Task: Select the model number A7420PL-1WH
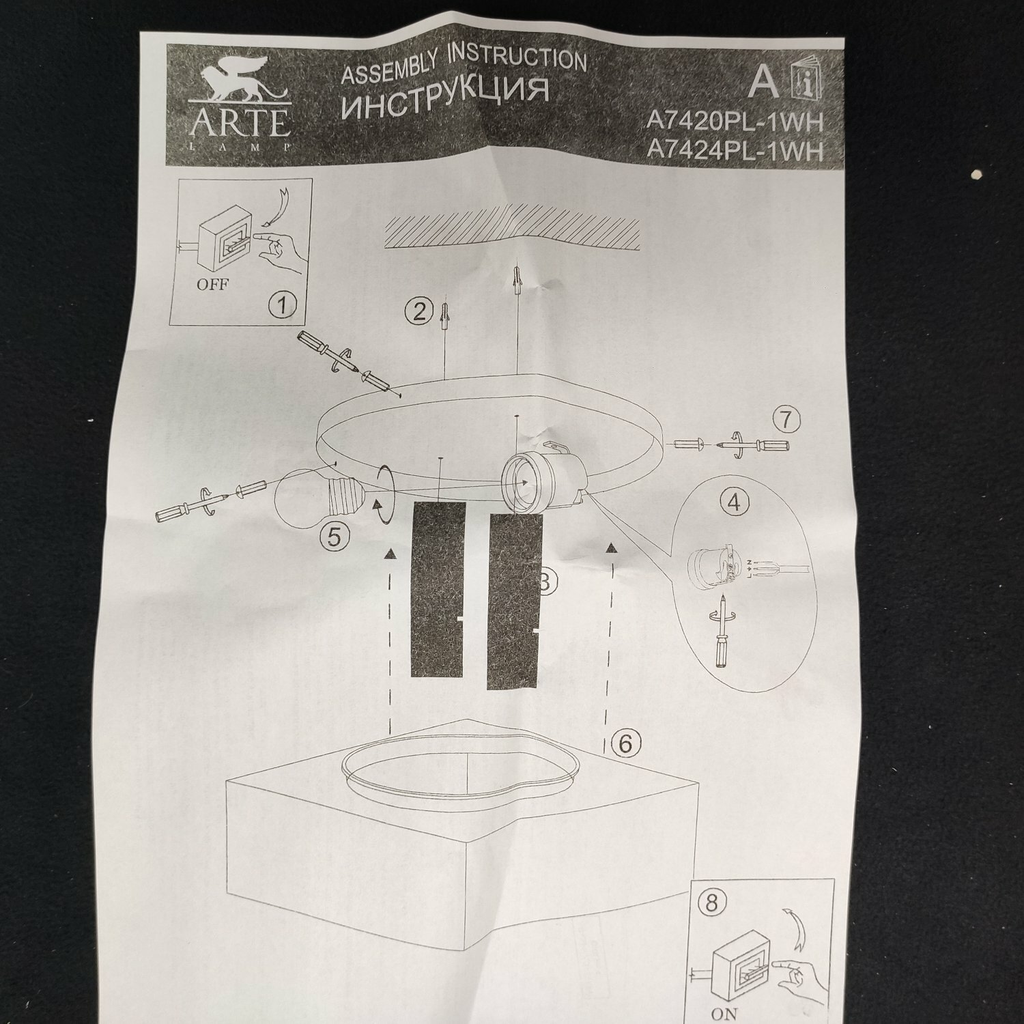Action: coord(735,121)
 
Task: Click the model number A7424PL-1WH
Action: coord(735,150)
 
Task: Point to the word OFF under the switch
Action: coord(212,284)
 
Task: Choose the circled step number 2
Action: coord(419,312)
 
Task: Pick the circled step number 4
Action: coord(734,503)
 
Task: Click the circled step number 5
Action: coord(333,537)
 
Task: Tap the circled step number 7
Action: coord(787,418)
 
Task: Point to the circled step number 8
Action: coord(711,904)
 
